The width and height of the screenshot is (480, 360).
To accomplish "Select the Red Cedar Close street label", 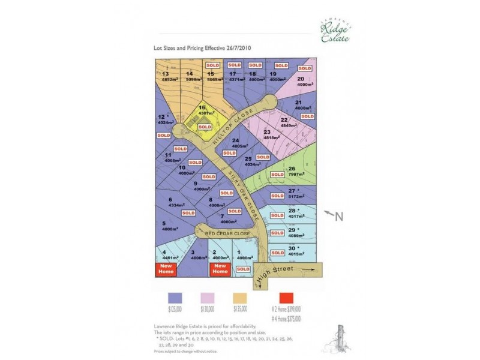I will pos(227,232).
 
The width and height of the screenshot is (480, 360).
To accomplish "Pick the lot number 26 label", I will pos(292,169).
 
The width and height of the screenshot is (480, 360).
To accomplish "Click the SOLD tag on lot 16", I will pos(205,127).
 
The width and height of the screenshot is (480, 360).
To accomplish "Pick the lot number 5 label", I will pos(164,223).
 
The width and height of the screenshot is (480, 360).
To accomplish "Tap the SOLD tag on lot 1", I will pos(243,269).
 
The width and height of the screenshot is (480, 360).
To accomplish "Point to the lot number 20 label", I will pos(300,79).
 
